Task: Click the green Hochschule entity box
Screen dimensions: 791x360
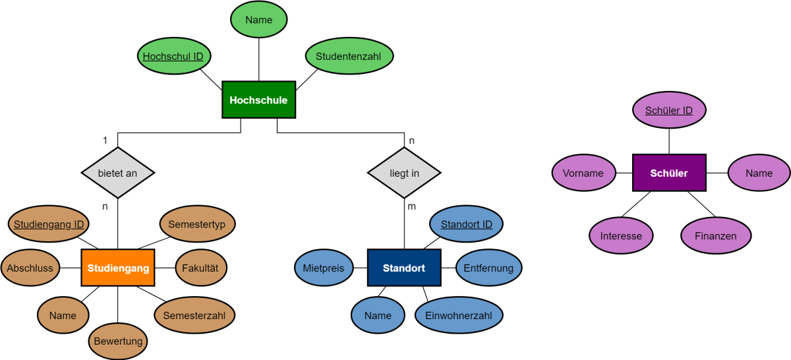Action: point(259,100)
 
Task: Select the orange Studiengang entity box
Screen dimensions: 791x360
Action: point(118,268)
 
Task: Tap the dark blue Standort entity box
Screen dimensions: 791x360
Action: point(404,268)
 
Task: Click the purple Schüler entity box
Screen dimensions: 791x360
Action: point(669,173)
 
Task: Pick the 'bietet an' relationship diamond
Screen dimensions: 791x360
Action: point(118,173)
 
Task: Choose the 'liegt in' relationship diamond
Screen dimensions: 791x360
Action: point(404,173)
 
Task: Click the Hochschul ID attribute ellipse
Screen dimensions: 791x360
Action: point(174,56)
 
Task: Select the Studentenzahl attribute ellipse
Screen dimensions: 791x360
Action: point(349,56)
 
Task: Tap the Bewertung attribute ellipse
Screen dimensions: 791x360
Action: point(118,341)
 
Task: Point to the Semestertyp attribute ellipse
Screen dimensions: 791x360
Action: point(197,224)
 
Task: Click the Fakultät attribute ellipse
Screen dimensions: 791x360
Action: point(201,268)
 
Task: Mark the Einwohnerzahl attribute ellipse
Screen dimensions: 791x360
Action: point(459,315)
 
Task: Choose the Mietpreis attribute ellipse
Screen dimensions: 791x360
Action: point(324,268)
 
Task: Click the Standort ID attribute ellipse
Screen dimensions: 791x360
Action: point(467,224)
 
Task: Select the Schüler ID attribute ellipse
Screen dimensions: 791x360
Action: point(669,110)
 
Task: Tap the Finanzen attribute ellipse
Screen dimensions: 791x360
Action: point(716,235)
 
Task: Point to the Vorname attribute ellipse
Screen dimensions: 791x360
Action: point(583,173)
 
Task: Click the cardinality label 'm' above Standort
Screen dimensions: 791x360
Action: point(412,206)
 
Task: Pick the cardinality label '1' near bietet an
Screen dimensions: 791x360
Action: point(105,140)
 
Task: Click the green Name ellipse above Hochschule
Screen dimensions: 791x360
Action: point(259,19)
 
